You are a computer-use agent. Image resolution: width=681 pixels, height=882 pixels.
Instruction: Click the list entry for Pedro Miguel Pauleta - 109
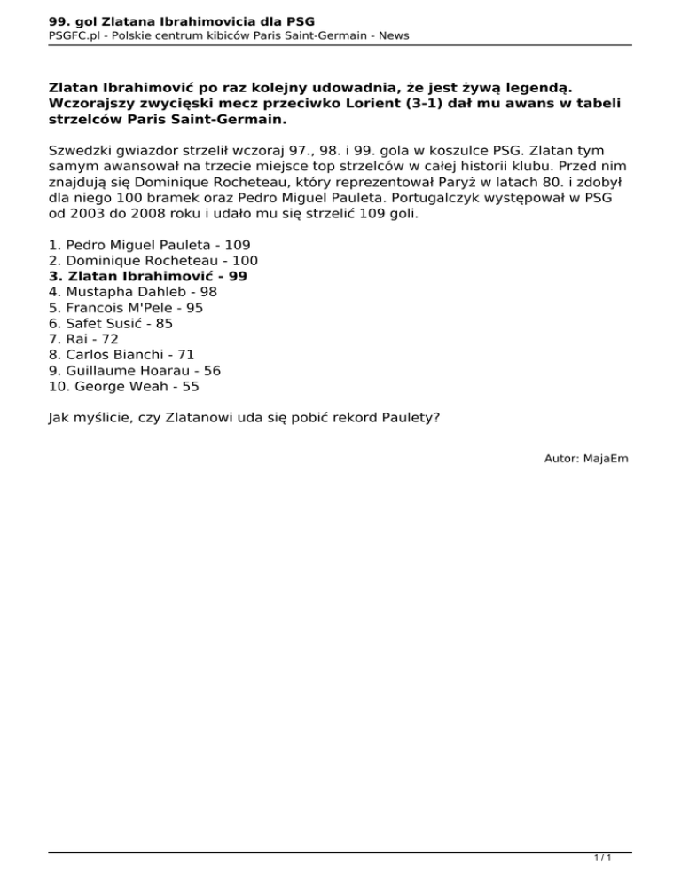tap(149, 244)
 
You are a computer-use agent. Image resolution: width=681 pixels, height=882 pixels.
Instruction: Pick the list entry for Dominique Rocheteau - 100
tap(153, 260)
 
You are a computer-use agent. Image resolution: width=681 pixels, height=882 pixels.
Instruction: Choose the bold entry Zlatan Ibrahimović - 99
tap(148, 276)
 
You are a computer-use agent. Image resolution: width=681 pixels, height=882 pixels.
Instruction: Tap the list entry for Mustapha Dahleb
tap(132, 292)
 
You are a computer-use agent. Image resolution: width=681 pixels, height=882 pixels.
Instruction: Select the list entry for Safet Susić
tap(111, 324)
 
